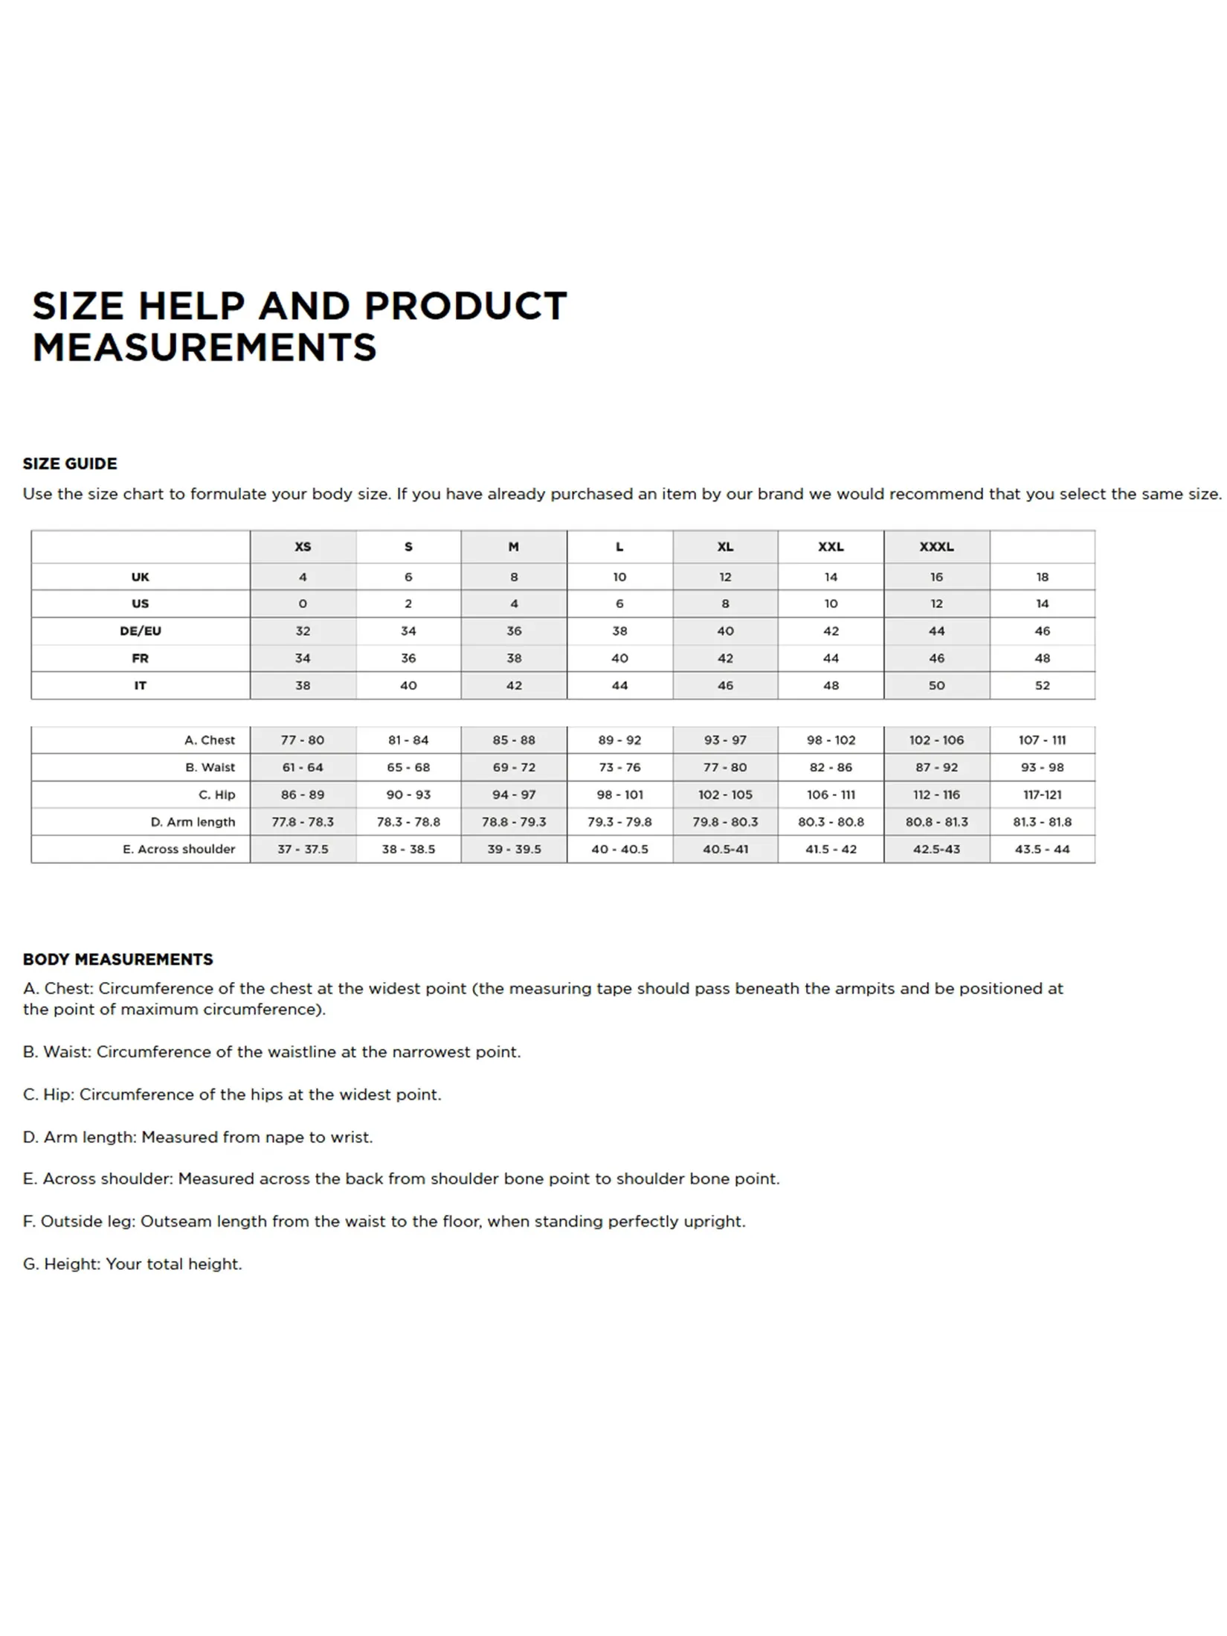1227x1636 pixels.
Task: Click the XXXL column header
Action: click(935, 547)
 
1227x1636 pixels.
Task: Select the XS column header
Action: click(303, 547)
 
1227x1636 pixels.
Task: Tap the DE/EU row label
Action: click(141, 631)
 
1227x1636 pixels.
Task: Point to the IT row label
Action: click(141, 685)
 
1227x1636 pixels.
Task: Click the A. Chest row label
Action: click(210, 740)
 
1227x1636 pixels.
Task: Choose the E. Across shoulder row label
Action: click(179, 849)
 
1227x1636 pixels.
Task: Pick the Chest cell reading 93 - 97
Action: click(725, 740)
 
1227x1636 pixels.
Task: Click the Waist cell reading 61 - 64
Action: click(303, 767)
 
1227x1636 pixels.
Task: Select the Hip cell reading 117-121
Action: click(1042, 795)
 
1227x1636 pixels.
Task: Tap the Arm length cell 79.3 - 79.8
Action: click(619, 822)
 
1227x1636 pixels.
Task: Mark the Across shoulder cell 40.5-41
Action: click(725, 849)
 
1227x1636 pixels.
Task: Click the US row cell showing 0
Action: click(303, 603)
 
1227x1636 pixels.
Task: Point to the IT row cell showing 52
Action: click(1042, 685)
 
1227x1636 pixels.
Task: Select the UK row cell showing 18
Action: click(1042, 577)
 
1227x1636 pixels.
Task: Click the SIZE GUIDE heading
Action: click(70, 463)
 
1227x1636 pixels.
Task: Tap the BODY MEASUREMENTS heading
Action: click(117, 959)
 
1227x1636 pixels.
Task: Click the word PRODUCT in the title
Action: click(465, 306)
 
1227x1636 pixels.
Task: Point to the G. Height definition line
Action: click(132, 1264)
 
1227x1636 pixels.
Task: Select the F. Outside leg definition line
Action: click(384, 1221)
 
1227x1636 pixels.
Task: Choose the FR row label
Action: click(141, 658)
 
